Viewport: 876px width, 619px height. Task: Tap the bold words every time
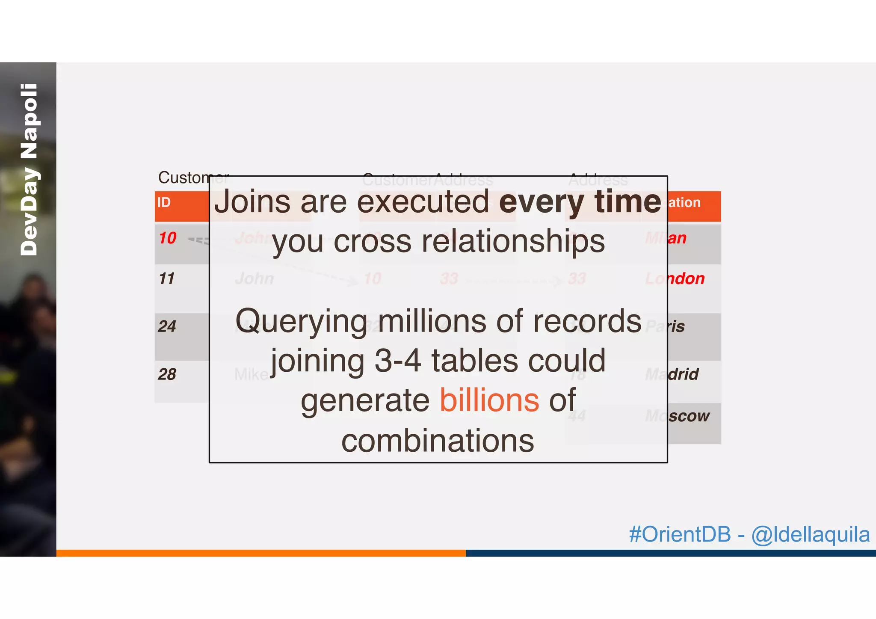point(580,202)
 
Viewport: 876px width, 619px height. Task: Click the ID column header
point(164,202)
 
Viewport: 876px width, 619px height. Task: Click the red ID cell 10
point(168,238)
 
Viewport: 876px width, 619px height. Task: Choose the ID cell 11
point(167,279)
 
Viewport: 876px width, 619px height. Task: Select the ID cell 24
point(167,326)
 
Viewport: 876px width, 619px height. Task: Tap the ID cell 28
point(167,374)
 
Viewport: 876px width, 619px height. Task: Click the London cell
point(675,279)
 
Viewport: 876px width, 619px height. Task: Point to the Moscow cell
point(677,416)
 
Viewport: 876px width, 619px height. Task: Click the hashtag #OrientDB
point(680,534)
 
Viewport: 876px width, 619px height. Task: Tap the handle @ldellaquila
point(810,534)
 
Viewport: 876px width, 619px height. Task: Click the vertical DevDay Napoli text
point(29,169)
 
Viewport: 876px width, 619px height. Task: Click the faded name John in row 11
point(255,279)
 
